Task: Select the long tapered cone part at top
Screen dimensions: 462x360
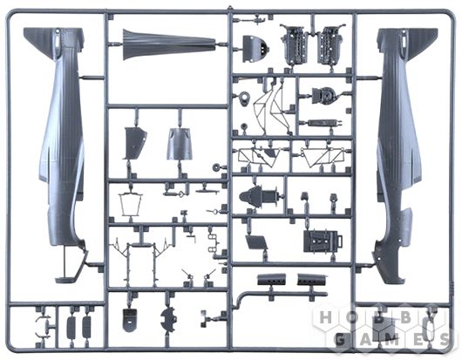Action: (x=168, y=45)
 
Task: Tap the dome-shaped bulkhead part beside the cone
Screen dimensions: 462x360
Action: (x=254, y=49)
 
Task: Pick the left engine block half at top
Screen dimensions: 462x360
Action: (x=295, y=44)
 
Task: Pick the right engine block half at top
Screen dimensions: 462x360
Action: (x=330, y=44)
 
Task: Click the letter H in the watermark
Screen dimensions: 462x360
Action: (x=326, y=318)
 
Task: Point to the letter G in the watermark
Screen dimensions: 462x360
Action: (x=340, y=340)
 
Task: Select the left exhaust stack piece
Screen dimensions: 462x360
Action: (x=271, y=279)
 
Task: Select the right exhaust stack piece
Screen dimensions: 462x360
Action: (x=312, y=279)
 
